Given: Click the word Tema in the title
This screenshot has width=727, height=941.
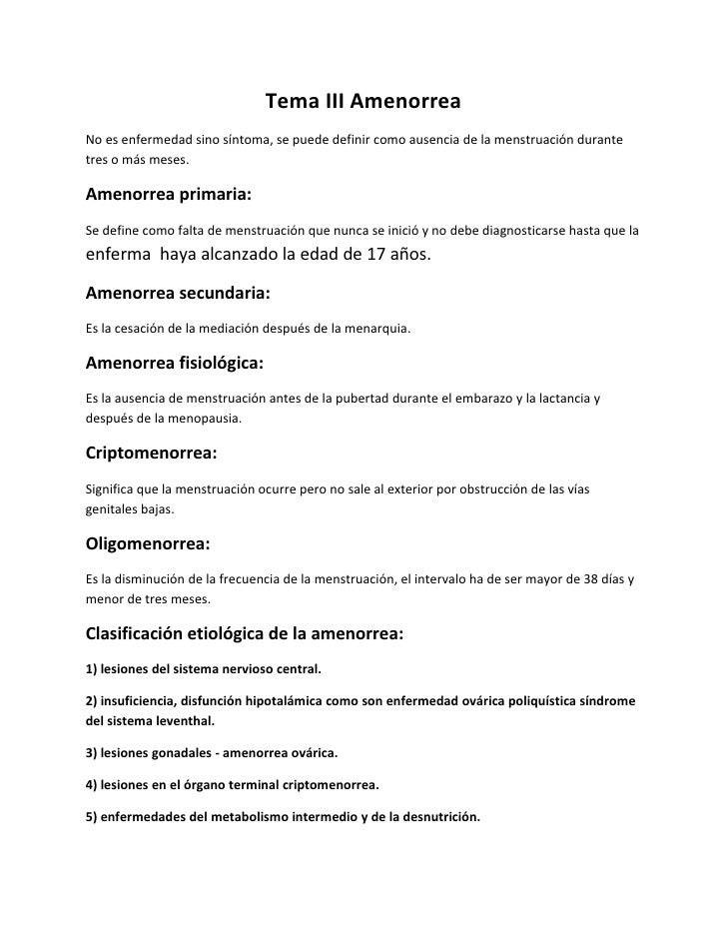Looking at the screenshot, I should pyautogui.click(x=288, y=103).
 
